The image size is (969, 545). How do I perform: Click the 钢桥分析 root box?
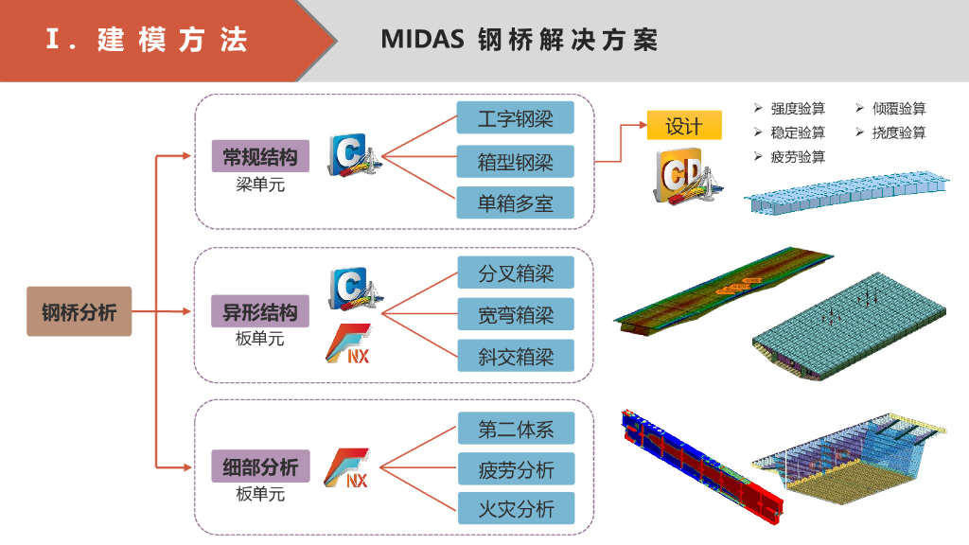[79, 311]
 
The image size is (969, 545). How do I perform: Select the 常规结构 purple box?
[259, 156]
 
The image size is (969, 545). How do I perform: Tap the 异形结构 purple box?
[259, 311]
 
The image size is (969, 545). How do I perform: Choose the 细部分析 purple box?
[259, 466]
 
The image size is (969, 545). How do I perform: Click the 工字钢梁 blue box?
[516, 118]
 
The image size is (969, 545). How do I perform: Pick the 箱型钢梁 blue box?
[516, 161]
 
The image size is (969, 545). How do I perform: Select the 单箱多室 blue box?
[516, 202]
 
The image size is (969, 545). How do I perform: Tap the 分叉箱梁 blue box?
[516, 273]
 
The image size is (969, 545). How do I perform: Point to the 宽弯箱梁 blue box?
[516, 315]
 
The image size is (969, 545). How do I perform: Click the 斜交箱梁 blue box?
[516, 357]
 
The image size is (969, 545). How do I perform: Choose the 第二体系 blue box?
[516, 429]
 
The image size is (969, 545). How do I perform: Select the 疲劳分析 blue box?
[516, 468]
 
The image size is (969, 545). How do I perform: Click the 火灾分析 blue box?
[516, 508]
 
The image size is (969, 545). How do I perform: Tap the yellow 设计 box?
[684, 126]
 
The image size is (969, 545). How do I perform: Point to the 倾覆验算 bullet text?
[898, 109]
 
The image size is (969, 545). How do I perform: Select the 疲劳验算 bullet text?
[798, 156]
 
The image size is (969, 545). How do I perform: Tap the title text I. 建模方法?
[147, 40]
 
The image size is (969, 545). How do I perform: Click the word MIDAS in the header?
[423, 40]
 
